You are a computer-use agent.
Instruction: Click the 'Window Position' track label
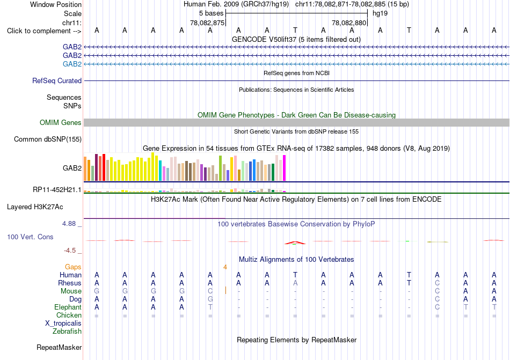click(x=56, y=4)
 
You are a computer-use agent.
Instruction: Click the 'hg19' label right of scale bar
click(x=380, y=13)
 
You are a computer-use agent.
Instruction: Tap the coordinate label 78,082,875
click(x=207, y=23)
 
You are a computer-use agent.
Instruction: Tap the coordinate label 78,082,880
click(x=349, y=23)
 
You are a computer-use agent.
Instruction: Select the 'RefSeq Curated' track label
click(x=57, y=80)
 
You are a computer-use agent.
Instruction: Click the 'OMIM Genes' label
click(x=61, y=122)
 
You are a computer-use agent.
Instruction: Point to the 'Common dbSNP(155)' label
click(x=48, y=139)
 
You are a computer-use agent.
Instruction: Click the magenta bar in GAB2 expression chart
click(x=285, y=168)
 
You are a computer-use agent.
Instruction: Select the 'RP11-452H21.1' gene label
click(x=57, y=189)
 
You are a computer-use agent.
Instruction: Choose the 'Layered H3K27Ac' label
click(x=35, y=207)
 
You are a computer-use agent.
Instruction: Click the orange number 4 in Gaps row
click(x=225, y=267)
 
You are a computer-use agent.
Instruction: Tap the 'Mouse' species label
click(x=71, y=291)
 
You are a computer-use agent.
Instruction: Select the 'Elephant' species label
click(x=68, y=307)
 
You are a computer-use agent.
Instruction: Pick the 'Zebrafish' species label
click(x=67, y=331)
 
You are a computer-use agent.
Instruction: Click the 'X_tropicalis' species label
click(x=63, y=324)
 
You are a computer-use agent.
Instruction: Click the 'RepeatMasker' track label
click(x=59, y=347)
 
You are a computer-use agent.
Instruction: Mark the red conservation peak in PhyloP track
click(x=295, y=243)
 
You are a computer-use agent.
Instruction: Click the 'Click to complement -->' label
click(x=44, y=31)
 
